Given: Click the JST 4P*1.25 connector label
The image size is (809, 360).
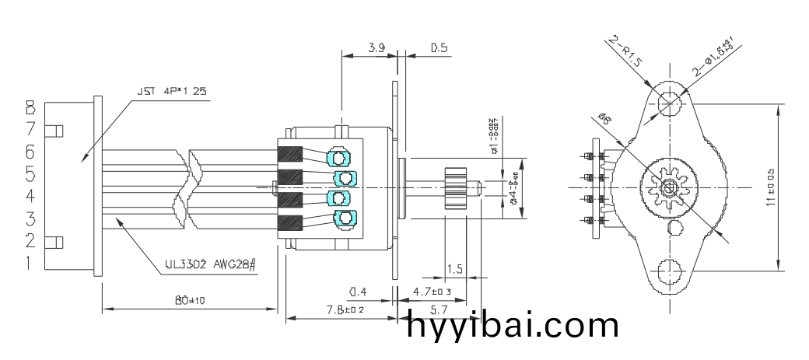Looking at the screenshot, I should [172, 91].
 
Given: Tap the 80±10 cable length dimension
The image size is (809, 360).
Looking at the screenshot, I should [189, 301].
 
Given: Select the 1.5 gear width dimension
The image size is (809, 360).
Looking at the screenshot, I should [455, 269].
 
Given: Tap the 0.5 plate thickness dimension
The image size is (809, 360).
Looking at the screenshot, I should [440, 48].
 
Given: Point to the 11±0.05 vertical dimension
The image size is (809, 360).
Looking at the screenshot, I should [770, 187].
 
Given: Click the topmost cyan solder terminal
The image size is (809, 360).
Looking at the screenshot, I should [340, 158].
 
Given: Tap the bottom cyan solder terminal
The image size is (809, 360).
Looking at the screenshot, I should [342, 218].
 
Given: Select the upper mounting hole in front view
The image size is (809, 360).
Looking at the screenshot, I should [667, 102].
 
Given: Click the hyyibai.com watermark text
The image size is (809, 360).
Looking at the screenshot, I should [513, 325].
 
